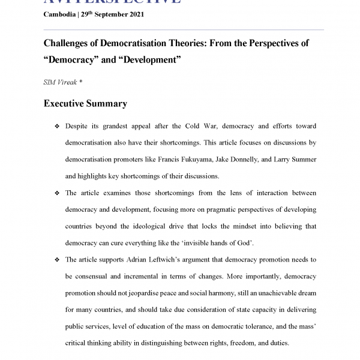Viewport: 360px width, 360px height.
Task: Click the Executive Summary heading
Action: (85, 104)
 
